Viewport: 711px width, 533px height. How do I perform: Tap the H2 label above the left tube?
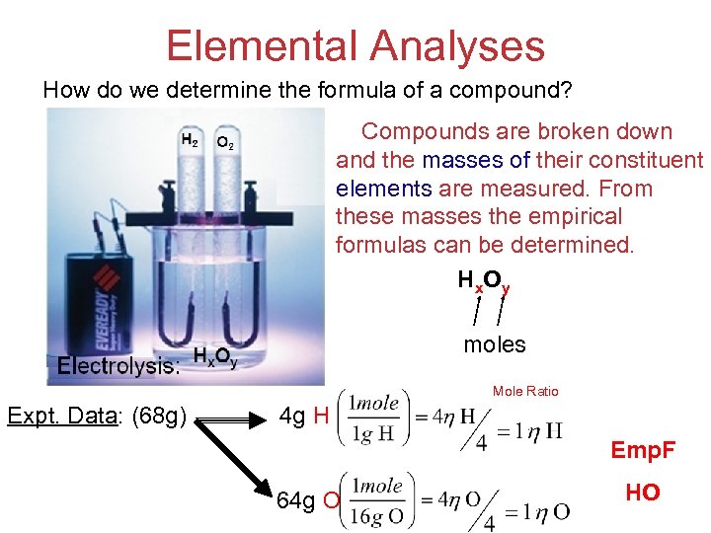(x=189, y=140)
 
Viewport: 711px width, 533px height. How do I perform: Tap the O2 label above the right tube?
(x=225, y=143)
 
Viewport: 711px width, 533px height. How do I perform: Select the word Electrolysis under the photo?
(x=118, y=366)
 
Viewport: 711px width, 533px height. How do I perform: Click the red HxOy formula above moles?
(x=484, y=282)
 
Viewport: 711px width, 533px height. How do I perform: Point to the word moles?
(x=495, y=344)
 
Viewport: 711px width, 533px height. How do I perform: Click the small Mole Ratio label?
(x=525, y=392)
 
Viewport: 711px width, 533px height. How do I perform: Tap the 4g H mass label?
(x=304, y=416)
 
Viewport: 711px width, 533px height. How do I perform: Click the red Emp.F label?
(x=643, y=451)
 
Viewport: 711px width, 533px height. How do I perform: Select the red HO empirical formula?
(x=643, y=493)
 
